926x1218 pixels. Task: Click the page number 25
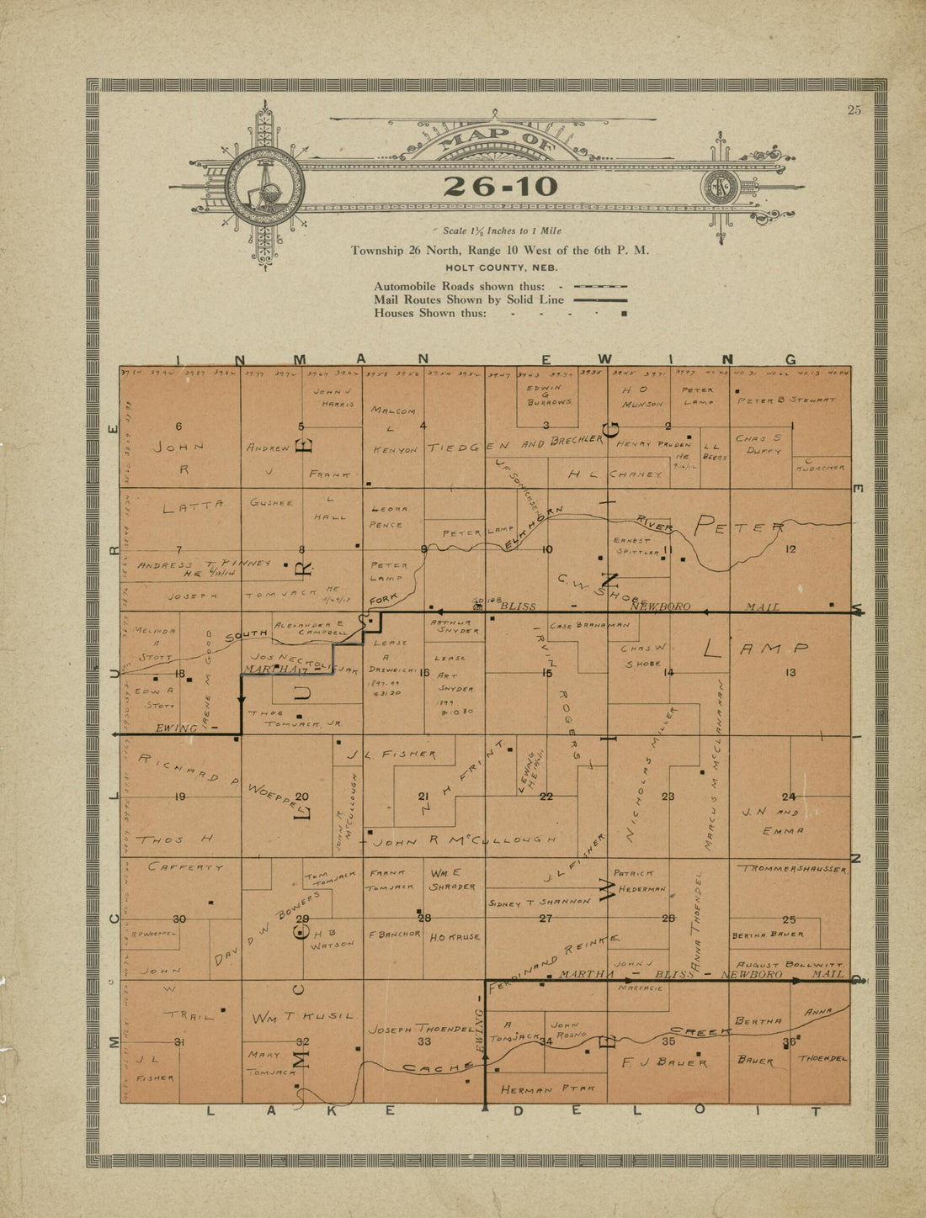click(854, 109)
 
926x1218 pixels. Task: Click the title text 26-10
click(500, 187)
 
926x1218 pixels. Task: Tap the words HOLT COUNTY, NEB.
click(499, 267)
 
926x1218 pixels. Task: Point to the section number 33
click(424, 1041)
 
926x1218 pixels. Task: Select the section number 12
click(790, 549)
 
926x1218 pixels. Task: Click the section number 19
click(180, 797)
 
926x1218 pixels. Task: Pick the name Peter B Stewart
click(786, 400)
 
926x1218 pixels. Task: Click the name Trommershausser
click(791, 868)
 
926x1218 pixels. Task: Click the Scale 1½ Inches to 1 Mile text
click(502, 230)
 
